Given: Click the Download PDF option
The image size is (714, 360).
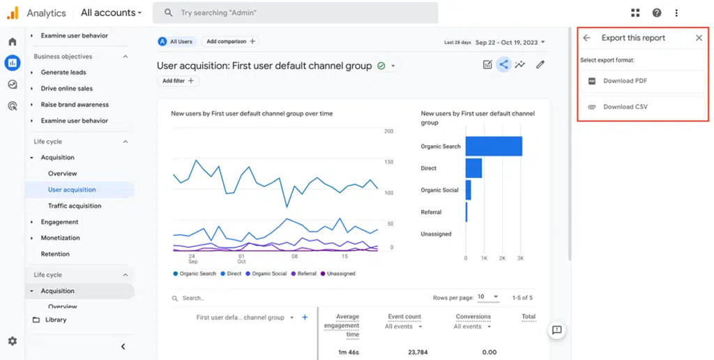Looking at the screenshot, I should (625, 81).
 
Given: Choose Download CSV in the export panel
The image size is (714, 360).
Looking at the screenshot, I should (625, 107).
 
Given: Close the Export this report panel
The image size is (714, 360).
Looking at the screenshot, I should (699, 38).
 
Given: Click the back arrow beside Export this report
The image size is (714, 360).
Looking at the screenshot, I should (586, 38).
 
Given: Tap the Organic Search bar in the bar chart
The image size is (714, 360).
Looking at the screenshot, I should (494, 147).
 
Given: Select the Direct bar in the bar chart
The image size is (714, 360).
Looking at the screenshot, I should (473, 168).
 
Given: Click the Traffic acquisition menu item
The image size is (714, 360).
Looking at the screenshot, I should (75, 206).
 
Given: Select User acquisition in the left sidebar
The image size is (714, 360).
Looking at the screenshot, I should (72, 190).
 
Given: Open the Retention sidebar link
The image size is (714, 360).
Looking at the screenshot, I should (55, 254).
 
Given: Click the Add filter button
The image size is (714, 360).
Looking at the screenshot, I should (178, 81).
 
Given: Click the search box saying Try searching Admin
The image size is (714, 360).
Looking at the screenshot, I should (296, 13).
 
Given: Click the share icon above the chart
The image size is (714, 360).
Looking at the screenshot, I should (503, 65).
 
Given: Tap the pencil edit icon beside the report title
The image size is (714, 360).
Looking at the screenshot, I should (540, 65).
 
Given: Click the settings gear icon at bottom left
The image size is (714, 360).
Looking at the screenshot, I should (12, 341).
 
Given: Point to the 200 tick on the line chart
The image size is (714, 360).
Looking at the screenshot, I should (389, 131).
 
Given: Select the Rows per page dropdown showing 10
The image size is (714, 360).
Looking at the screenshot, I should (487, 297).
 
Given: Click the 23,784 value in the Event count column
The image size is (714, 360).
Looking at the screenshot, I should (404, 352).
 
